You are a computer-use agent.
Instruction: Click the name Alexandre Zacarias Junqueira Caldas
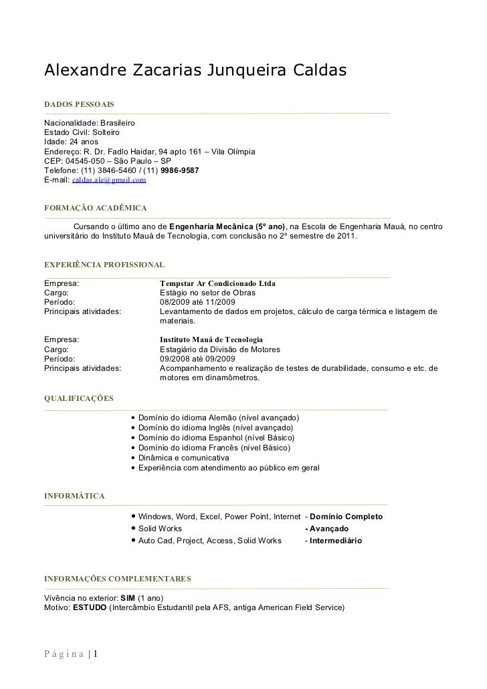click(x=195, y=70)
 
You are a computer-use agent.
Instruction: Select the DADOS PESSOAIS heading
click(x=78, y=106)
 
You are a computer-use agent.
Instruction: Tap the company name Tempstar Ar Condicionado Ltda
click(x=217, y=283)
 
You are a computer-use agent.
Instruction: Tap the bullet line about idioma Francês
click(x=214, y=448)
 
